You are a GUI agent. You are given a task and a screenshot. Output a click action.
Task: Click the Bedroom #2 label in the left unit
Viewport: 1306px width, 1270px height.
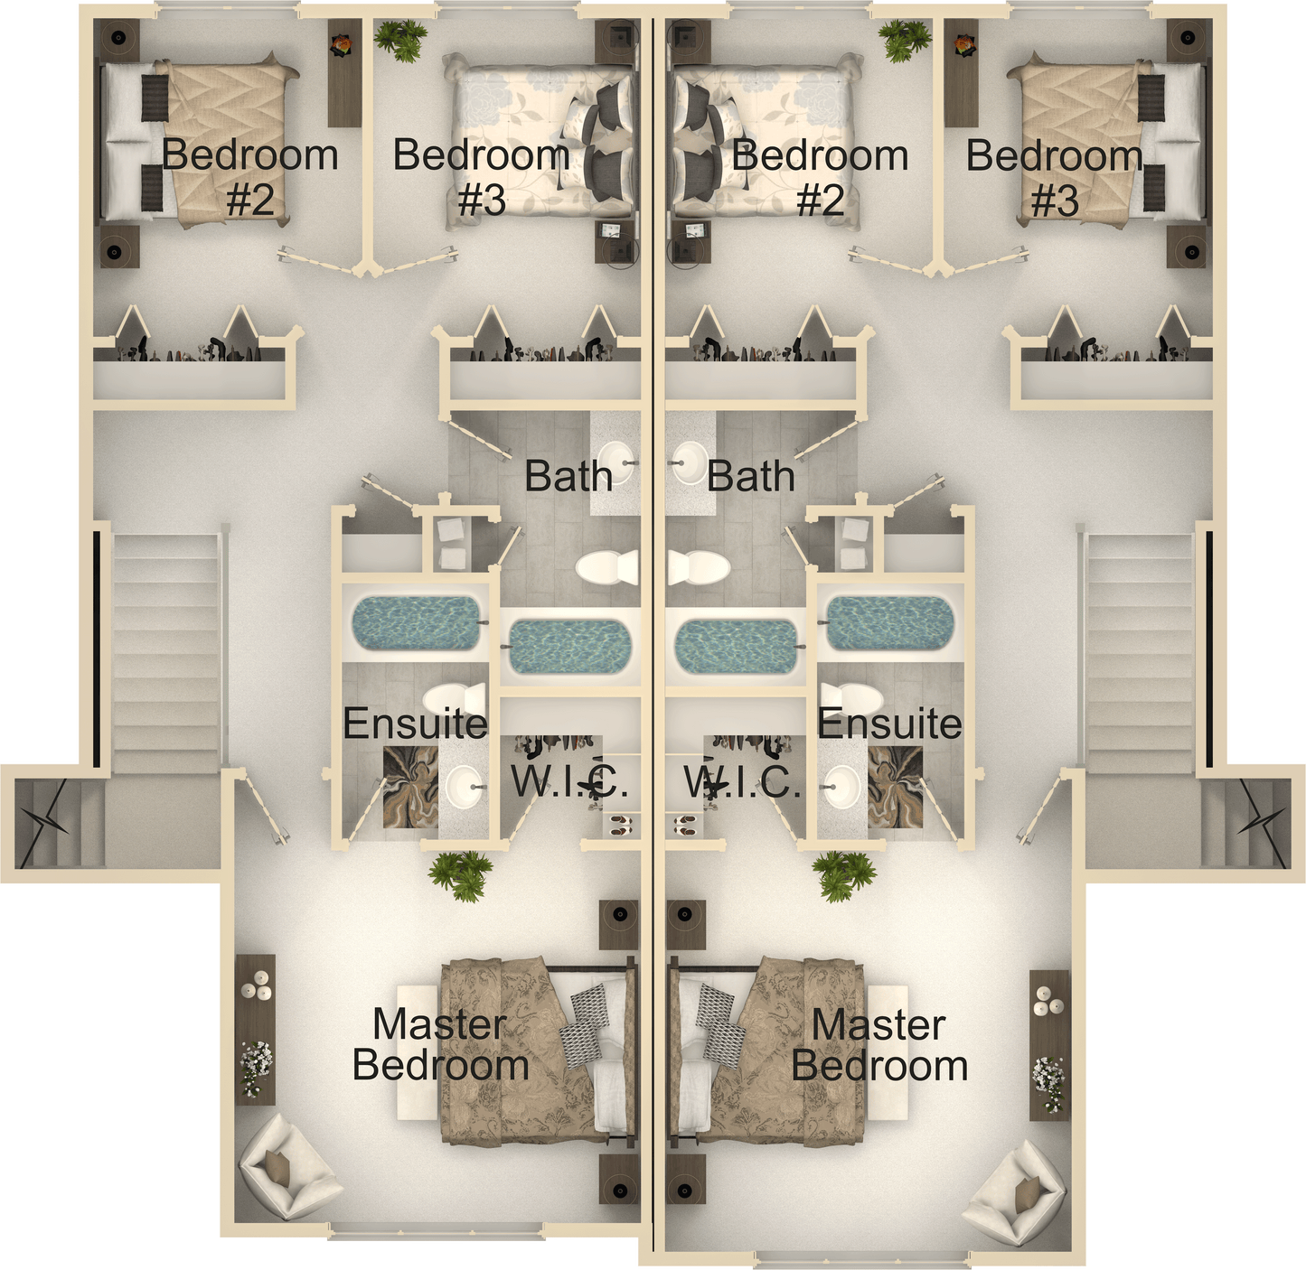click(x=249, y=176)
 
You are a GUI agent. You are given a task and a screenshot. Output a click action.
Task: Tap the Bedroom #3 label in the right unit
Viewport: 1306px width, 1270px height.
click(x=1055, y=176)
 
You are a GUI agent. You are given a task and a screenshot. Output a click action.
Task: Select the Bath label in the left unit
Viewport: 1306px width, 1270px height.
click(x=568, y=476)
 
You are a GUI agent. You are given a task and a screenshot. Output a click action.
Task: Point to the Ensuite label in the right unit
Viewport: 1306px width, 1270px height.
click(x=889, y=724)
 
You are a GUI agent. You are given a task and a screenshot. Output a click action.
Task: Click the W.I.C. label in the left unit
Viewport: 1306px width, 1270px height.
click(x=569, y=781)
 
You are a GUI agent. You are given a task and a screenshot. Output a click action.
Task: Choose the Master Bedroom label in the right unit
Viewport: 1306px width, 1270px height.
click(x=879, y=1044)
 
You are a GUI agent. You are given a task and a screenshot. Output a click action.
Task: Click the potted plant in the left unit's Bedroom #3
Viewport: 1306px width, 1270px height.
click(x=400, y=41)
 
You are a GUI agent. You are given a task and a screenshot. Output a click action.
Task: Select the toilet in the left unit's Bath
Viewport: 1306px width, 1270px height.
click(x=607, y=567)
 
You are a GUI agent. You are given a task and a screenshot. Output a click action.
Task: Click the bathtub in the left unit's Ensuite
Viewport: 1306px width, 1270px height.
click(x=417, y=623)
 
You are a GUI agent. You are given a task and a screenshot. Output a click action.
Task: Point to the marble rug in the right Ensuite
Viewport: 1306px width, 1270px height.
click(x=895, y=788)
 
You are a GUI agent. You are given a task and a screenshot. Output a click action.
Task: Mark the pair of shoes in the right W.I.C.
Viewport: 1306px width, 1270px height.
click(x=685, y=826)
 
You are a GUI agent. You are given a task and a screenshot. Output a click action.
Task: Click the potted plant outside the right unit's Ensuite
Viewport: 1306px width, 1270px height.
click(x=843, y=875)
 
